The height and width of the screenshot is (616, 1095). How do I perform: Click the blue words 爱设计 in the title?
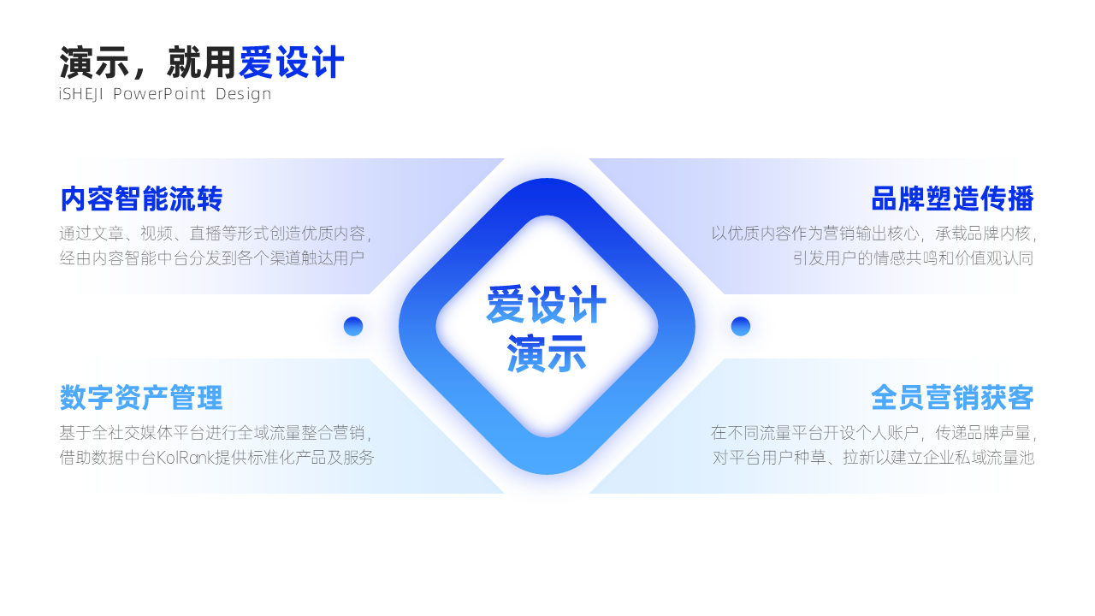pos(292,62)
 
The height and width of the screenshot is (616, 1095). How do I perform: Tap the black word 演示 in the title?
pos(94,62)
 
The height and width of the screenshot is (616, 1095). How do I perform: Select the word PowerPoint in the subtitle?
pos(159,94)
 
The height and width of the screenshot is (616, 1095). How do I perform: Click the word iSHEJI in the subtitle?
pos(80,94)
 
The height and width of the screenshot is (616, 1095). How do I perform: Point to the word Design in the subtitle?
pos(244,94)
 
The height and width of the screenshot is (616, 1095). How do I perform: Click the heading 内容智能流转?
pos(141,199)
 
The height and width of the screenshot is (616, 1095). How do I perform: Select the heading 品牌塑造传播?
pos(953,199)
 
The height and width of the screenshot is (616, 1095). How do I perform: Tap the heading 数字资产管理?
pos(141,398)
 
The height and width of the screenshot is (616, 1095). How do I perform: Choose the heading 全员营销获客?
pos(953,398)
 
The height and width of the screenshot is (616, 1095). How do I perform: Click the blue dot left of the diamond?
pos(353,326)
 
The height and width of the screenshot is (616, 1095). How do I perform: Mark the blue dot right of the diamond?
pos(741,326)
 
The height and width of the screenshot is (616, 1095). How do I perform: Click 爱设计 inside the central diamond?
pos(547,305)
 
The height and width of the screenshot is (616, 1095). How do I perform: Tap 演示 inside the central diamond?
pos(547,353)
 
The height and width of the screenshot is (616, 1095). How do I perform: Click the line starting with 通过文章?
pos(216,234)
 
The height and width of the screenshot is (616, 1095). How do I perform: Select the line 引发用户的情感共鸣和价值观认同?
pos(913,258)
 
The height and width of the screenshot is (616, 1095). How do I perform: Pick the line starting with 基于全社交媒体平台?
pos(216,433)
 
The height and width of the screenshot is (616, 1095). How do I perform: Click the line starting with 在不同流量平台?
pos(873,433)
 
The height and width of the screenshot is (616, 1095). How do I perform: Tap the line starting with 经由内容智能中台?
pos(212,258)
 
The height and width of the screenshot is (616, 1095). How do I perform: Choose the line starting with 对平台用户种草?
pos(873,458)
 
